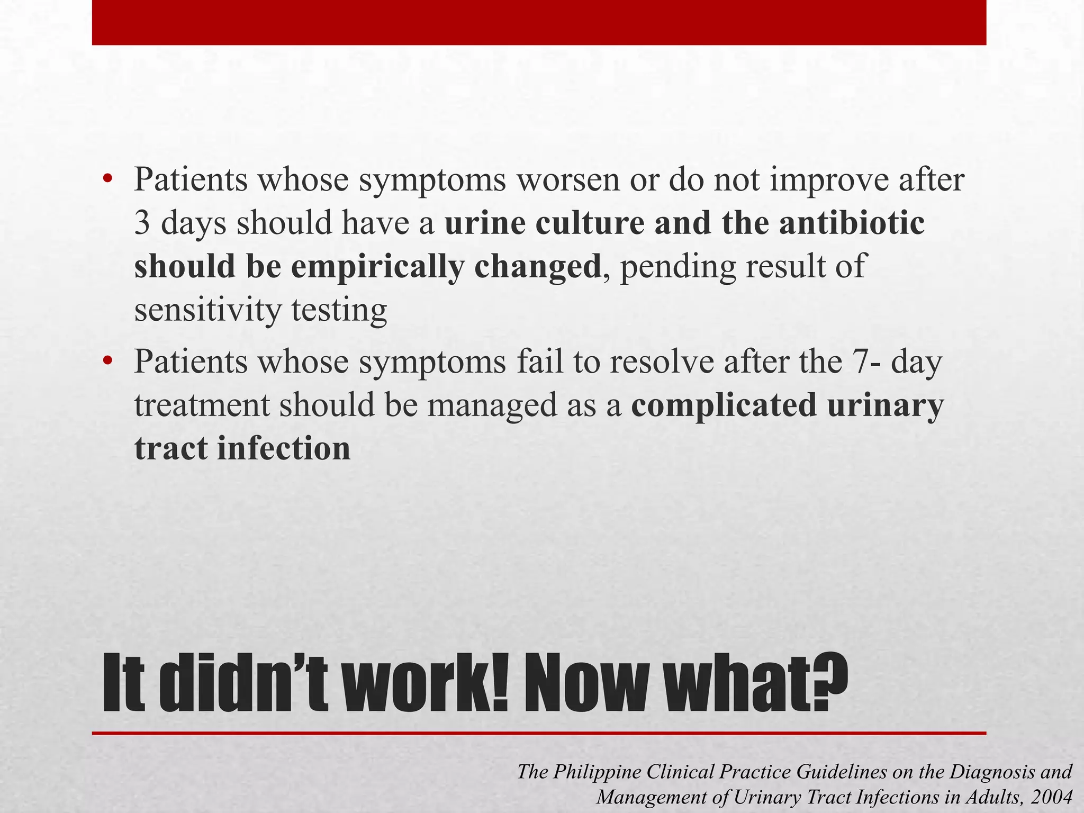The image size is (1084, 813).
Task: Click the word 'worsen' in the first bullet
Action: click(x=567, y=180)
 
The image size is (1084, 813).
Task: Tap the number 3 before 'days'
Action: click(x=143, y=223)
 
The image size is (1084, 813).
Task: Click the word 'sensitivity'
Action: click(x=207, y=311)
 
